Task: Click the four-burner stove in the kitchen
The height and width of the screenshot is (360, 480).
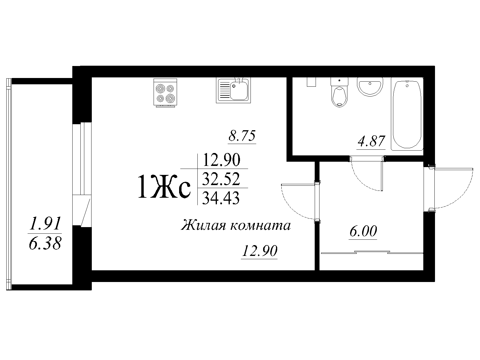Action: (165, 93)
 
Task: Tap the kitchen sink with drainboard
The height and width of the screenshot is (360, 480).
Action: (233, 90)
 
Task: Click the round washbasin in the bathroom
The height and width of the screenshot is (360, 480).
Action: (370, 87)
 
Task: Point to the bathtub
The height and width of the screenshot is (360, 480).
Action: (407, 114)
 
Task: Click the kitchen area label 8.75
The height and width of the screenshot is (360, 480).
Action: (242, 136)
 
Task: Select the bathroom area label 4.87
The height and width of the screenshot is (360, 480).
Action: (371, 141)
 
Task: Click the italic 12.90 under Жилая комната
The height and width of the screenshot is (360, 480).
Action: (259, 251)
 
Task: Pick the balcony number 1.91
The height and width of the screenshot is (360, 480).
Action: (45, 223)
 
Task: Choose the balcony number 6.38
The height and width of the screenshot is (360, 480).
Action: (45, 244)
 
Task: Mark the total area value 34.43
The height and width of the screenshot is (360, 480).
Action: (221, 198)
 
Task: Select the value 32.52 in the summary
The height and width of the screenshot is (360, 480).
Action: (221, 179)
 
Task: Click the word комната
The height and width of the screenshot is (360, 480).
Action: (260, 225)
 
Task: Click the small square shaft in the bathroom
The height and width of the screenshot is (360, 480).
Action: (311, 82)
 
